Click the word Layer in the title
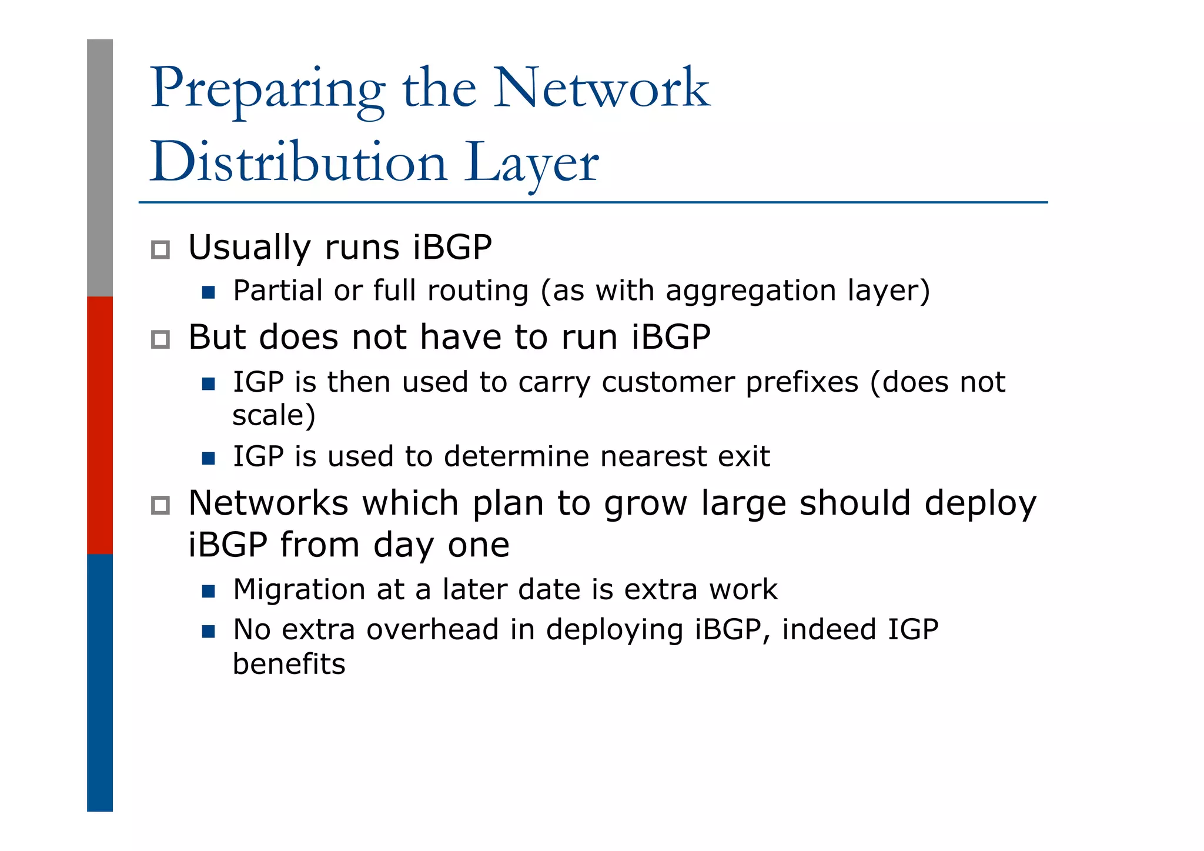(x=531, y=163)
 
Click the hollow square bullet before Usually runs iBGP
(x=160, y=249)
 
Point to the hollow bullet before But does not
(x=160, y=339)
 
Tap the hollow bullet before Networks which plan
(x=160, y=505)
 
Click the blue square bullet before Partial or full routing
(x=208, y=292)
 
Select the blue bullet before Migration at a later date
(x=208, y=591)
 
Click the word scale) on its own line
(x=274, y=415)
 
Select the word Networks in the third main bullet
(x=268, y=503)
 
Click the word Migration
(x=299, y=590)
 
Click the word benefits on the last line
(x=289, y=664)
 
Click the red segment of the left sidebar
(x=100, y=425)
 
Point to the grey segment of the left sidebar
(x=100, y=168)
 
